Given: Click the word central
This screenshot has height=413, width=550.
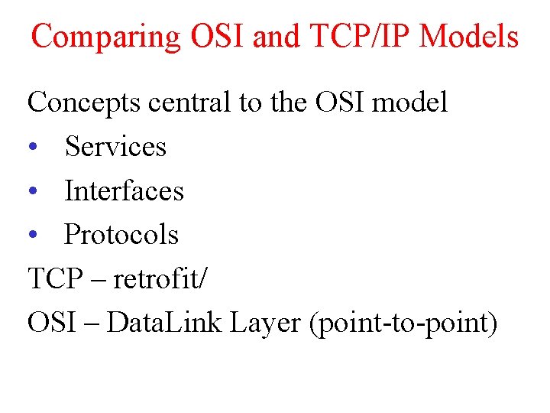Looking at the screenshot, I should (x=184, y=102).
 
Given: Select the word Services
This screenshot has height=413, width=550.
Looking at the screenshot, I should (x=115, y=146).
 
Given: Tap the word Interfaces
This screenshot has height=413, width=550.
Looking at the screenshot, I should (x=125, y=190).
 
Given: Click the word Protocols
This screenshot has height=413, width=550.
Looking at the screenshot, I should (x=121, y=235).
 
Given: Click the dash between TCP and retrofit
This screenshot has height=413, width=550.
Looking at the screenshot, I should (x=95, y=281).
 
